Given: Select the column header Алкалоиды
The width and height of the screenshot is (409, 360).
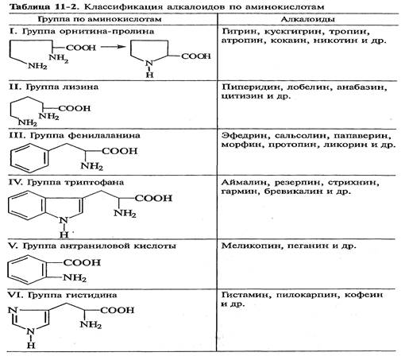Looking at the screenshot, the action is pos(307,19).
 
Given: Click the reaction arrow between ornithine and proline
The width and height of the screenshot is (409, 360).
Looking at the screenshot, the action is pos(114,47).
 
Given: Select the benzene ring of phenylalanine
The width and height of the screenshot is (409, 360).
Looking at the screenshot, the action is pos(29,158).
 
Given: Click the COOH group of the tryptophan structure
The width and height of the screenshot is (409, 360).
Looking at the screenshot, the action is pos(153,198).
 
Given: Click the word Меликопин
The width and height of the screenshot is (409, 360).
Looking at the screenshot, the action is pos(251,246).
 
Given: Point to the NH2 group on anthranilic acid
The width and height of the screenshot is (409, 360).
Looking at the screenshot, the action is pos(75,278).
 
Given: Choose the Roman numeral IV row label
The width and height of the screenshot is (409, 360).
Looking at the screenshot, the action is pos(13,182).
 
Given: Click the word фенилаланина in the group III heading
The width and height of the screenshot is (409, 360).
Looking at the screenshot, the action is pos(104,135).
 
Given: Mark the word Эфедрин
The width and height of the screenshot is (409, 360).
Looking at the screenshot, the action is pos(245,136).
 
